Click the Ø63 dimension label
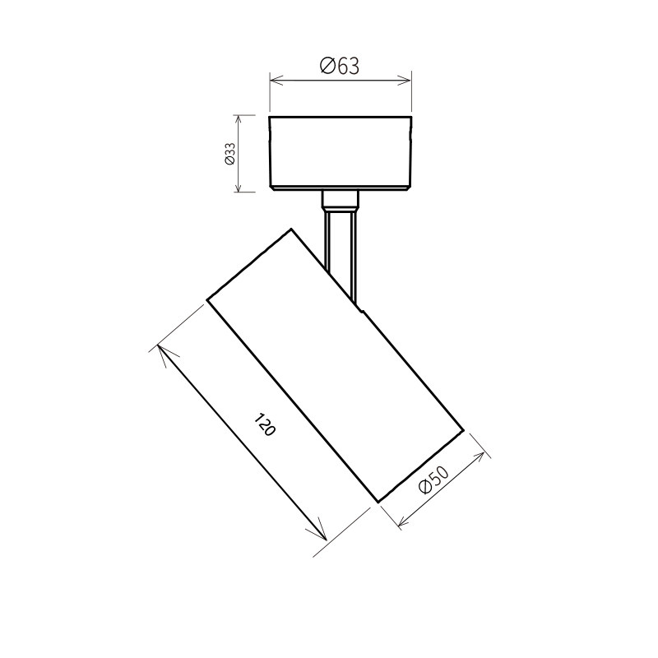340,66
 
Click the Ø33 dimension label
229,154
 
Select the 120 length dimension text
265,424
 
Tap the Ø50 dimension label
434,480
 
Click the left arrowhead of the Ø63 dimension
276,80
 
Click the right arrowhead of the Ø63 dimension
404,80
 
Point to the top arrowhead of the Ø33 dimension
238,122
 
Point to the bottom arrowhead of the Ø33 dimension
238,186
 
